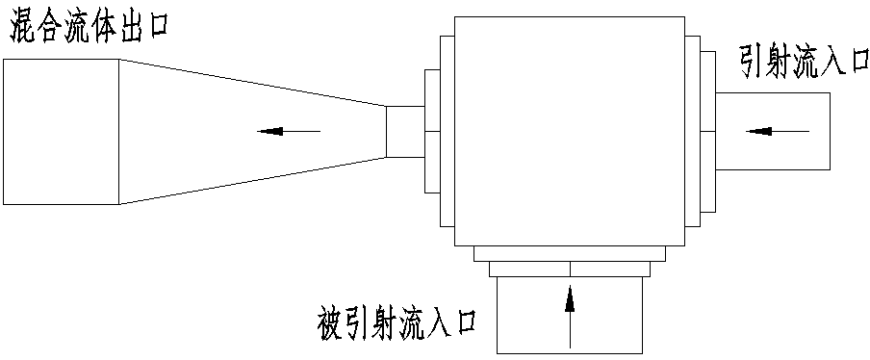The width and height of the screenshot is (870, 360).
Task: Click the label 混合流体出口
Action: coord(89,26)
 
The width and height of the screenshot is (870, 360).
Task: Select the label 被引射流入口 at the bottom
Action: coord(397,318)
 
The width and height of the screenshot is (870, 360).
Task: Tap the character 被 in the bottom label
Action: coord(329,318)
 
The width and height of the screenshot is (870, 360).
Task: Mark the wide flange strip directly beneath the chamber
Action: coord(570,253)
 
